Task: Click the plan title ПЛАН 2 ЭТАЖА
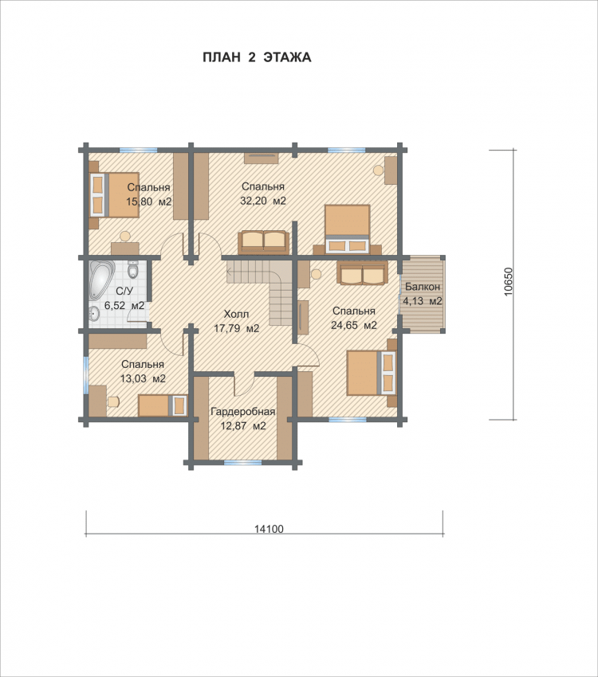click(x=257, y=57)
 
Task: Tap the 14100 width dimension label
click(x=269, y=529)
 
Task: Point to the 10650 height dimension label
click(x=508, y=282)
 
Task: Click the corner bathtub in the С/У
click(x=101, y=280)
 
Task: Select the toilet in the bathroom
click(x=132, y=269)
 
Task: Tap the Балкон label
click(x=423, y=287)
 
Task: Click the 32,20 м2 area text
click(x=262, y=201)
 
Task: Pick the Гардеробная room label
click(x=243, y=412)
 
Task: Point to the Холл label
click(x=236, y=314)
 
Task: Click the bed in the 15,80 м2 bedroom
click(x=114, y=194)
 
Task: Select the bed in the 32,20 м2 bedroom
click(x=348, y=229)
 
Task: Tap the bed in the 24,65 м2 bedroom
click(x=371, y=373)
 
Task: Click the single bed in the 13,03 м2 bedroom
click(x=163, y=405)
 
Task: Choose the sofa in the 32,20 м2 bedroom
click(x=263, y=242)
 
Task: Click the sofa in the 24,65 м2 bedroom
click(x=362, y=273)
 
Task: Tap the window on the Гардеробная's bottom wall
click(x=243, y=463)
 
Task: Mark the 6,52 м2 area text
click(x=124, y=305)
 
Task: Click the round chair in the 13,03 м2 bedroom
click(x=113, y=402)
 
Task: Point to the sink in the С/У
click(x=94, y=314)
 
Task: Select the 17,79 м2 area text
click(x=236, y=328)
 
